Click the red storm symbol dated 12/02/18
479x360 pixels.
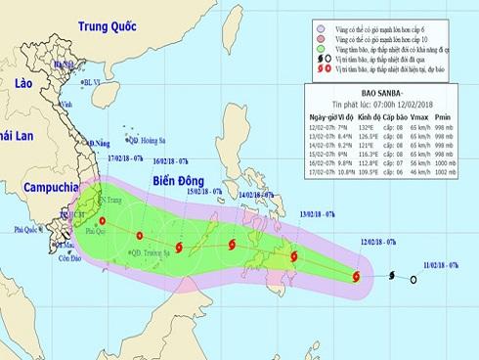tap(355, 277)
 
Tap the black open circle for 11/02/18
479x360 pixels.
tap(414, 281)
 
